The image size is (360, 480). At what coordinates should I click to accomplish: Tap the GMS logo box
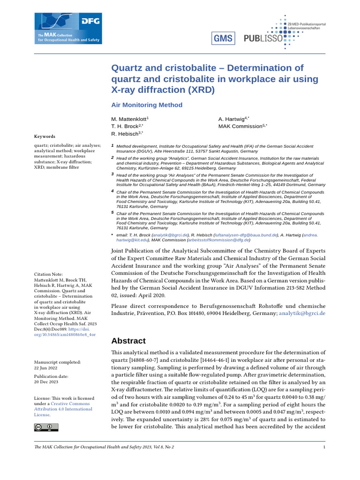223,38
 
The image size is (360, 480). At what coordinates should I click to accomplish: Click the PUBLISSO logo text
263,39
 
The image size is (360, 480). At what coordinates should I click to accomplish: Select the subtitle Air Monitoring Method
147,105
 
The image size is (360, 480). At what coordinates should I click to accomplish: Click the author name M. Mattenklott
129,120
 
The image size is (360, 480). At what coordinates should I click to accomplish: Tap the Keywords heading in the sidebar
45,136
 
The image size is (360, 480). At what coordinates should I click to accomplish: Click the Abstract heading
128,341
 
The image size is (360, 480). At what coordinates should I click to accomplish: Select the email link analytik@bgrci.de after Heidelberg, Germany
302,313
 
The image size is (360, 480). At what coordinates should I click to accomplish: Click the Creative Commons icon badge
46,427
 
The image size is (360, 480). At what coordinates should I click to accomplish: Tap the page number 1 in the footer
324,447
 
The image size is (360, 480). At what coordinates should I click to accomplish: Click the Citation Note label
49,274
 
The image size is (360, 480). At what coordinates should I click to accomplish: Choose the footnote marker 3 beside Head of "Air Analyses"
112,174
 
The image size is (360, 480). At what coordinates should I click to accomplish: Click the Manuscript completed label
58,362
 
